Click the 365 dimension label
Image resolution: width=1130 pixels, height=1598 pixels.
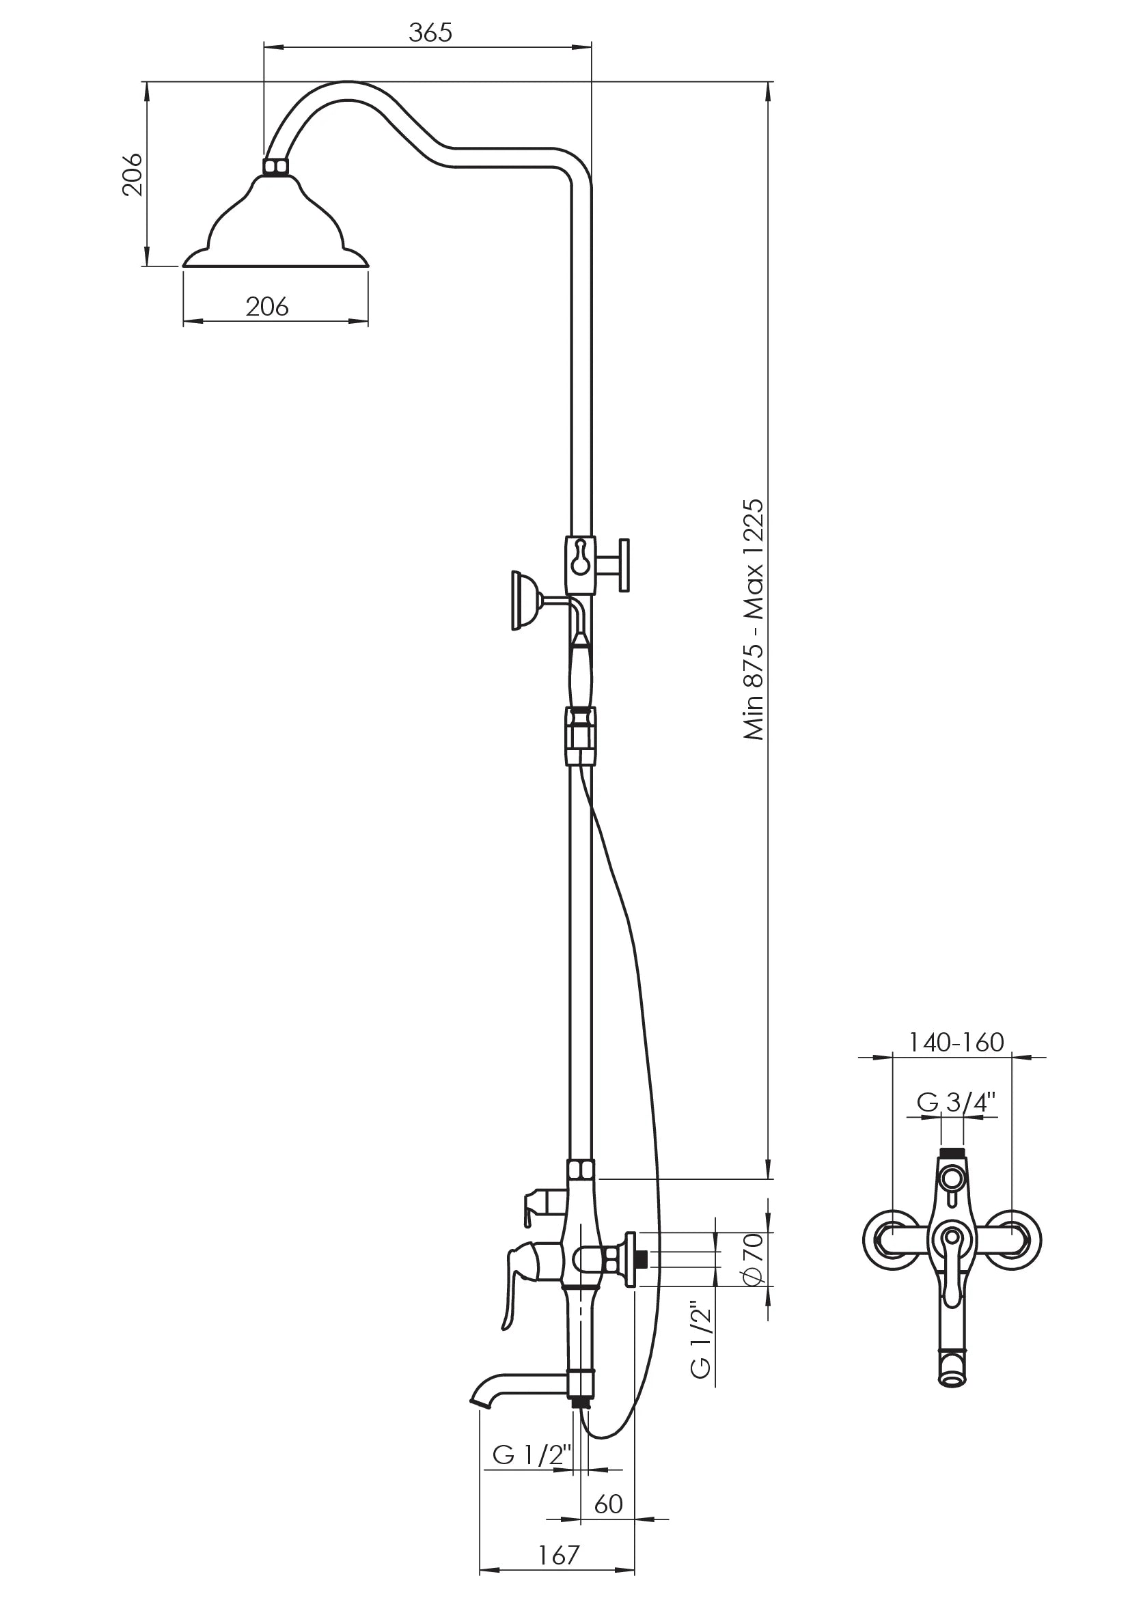click(x=430, y=33)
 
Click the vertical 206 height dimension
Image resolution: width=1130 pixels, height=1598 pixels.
click(x=133, y=174)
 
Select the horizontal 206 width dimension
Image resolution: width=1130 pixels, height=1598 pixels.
click(x=267, y=306)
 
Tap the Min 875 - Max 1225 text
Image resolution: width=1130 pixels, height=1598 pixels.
click(x=754, y=620)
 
